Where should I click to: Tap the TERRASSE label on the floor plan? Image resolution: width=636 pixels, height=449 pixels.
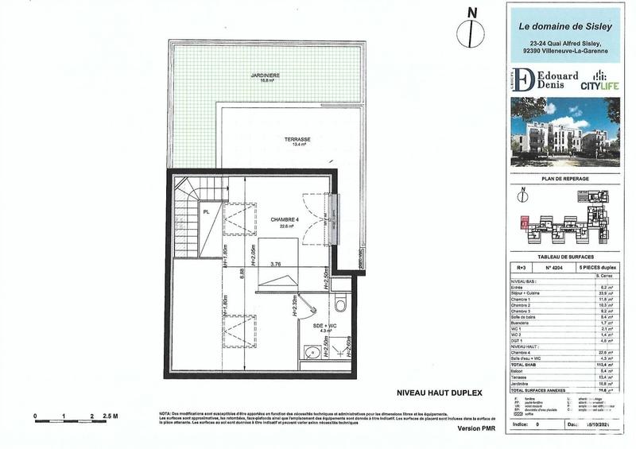tap(297, 139)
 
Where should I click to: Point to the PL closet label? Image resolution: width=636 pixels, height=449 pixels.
tap(207, 212)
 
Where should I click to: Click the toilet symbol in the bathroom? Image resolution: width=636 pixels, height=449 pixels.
tap(341, 302)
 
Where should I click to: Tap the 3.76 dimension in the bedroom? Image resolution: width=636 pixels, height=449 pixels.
tap(277, 265)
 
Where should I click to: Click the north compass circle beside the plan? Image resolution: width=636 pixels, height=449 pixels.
tap(472, 33)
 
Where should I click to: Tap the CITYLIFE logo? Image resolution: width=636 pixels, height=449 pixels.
tap(595, 83)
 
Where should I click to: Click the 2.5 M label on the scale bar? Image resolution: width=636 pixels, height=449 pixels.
tap(111, 416)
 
